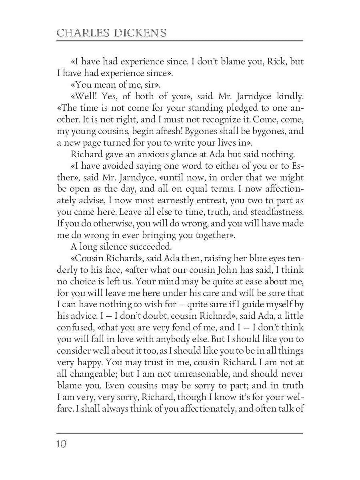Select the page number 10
62,444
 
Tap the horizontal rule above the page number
180,433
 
